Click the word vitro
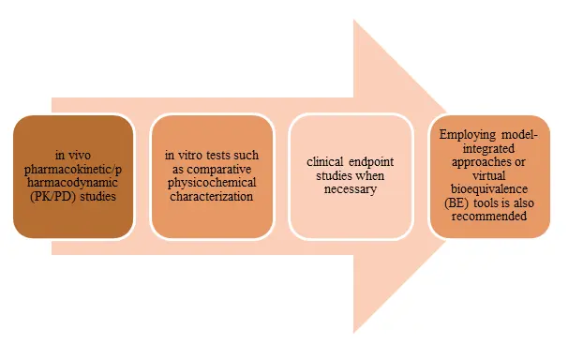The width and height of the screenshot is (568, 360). tap(185, 155)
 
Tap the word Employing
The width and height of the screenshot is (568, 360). tap(465, 134)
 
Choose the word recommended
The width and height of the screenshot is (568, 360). tap(489, 218)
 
